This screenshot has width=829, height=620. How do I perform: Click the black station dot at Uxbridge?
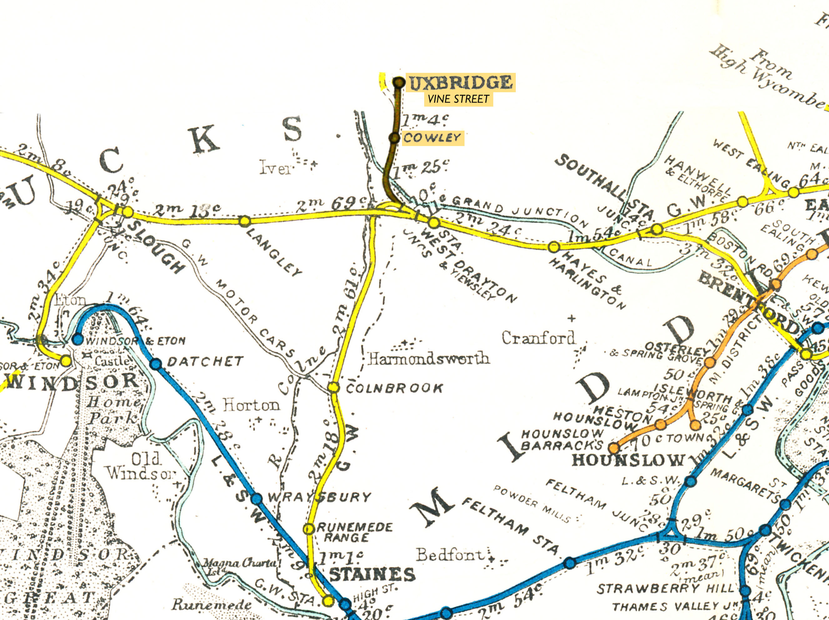[x=399, y=82]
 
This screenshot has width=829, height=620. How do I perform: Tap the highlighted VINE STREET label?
[x=458, y=99]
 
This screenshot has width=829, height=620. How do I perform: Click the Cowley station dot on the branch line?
[x=394, y=138]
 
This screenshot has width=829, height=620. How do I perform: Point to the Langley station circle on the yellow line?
[x=245, y=221]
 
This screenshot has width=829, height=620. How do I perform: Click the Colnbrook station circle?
[x=334, y=387]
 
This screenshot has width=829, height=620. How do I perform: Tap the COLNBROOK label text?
[x=394, y=388]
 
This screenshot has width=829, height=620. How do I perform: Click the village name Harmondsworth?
[x=428, y=359]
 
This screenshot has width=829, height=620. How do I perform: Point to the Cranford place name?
[x=538, y=338]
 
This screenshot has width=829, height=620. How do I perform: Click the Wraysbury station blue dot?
[x=256, y=499]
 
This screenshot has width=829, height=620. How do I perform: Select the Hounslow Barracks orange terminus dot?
[x=614, y=448]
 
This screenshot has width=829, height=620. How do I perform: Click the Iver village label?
[x=275, y=168]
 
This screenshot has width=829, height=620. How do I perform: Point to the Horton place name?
[x=251, y=405]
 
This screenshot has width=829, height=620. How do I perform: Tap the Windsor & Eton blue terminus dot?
[x=78, y=339]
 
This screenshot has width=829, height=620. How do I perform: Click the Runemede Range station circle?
[x=309, y=529]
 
